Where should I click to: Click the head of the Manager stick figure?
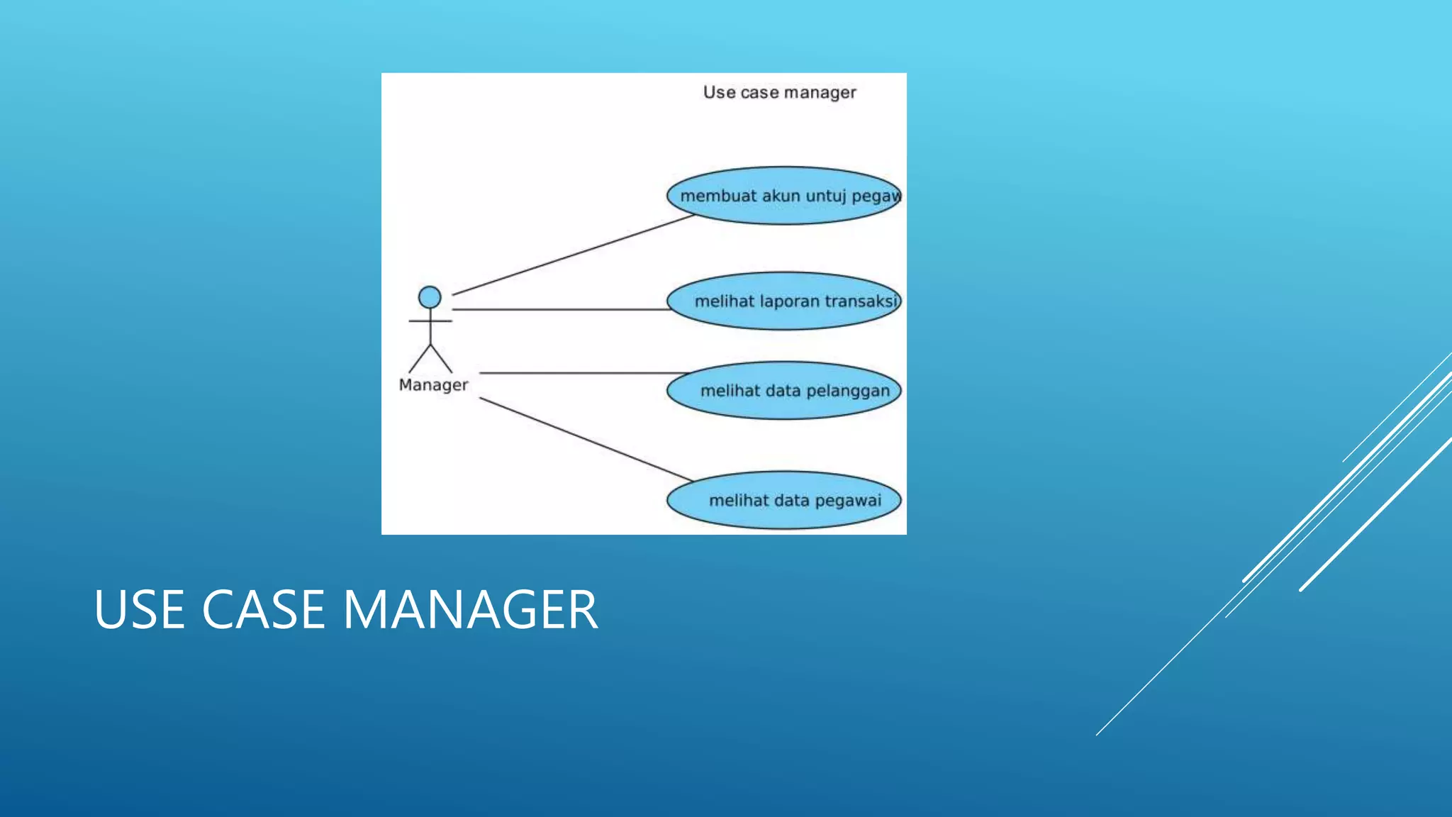[x=430, y=297]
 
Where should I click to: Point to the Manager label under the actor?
[x=433, y=385]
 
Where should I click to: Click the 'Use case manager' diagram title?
[x=779, y=93]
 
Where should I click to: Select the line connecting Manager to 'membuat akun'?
[x=573, y=255]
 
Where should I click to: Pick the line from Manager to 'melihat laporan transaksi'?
[x=560, y=309]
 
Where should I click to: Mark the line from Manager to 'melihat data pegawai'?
[x=585, y=439]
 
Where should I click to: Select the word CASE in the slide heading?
[x=264, y=610]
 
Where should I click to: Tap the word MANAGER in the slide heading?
[x=471, y=610]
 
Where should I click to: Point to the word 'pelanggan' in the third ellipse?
[x=848, y=391]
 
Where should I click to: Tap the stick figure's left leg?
[x=419, y=359]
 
